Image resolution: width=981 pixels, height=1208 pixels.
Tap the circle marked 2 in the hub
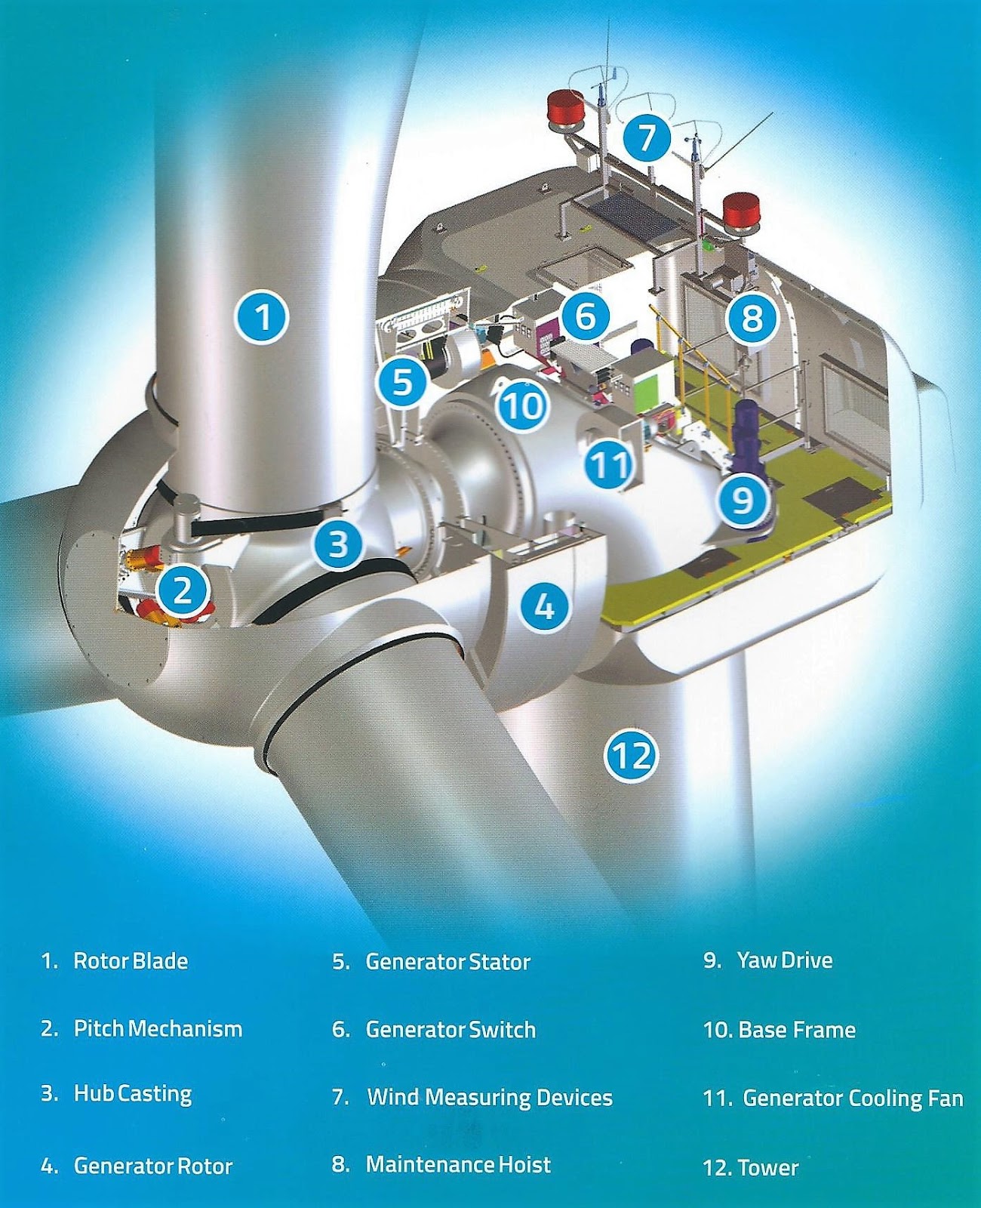pyautogui.click(x=183, y=590)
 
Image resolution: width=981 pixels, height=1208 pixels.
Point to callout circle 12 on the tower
pyautogui.click(x=631, y=754)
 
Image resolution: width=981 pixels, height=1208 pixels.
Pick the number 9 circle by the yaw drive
pyautogui.click(x=743, y=498)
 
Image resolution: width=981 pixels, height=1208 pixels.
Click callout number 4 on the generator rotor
pyautogui.click(x=545, y=605)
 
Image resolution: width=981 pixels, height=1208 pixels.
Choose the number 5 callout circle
pyautogui.click(x=403, y=381)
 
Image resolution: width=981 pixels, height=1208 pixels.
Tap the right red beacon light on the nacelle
pyautogui.click(x=741, y=210)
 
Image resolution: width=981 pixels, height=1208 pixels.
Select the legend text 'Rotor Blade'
pyautogui.click(x=131, y=961)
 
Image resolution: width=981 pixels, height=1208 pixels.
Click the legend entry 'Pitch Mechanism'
pyautogui.click(x=158, y=1028)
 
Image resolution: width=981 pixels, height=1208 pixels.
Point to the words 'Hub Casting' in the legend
pyautogui.click(x=133, y=1094)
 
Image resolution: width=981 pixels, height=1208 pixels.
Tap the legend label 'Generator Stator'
pyautogui.click(x=448, y=962)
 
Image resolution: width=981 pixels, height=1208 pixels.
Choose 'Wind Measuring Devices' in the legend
pyautogui.click(x=490, y=1097)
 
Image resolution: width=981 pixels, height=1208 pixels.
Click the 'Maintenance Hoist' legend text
pyautogui.click(x=458, y=1164)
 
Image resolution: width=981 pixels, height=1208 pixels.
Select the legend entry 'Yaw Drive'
pyautogui.click(x=785, y=960)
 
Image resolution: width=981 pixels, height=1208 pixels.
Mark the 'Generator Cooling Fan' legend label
pyautogui.click(x=853, y=1098)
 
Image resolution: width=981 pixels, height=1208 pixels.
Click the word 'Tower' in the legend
pyautogui.click(x=768, y=1167)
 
